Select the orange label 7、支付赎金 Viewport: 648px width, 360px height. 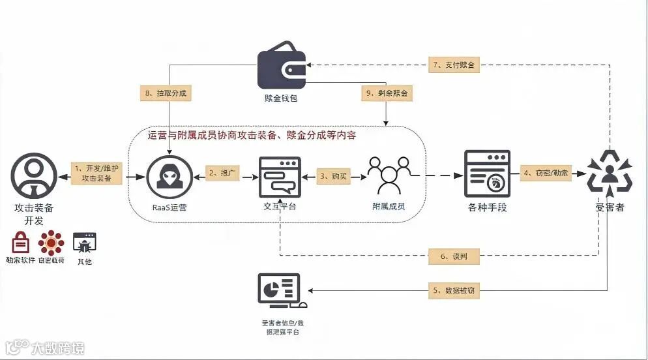click(x=454, y=65)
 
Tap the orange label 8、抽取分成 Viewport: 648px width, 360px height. click(x=164, y=93)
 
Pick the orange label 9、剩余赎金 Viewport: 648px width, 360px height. click(x=387, y=93)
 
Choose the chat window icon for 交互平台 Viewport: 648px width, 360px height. click(x=280, y=177)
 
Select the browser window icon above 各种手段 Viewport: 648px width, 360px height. click(x=486, y=173)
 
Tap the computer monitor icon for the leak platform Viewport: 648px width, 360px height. click(x=281, y=291)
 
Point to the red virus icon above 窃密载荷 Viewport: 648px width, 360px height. click(x=51, y=243)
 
